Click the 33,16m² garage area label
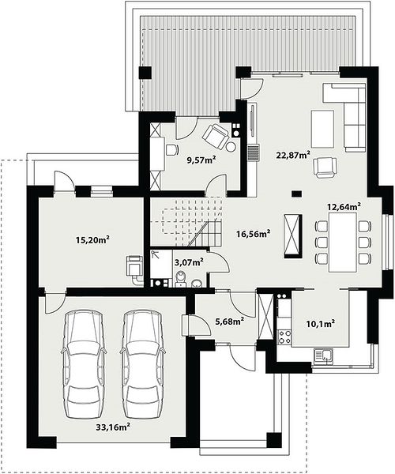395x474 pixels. pyautogui.click(x=113, y=427)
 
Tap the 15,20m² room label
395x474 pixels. pyautogui.click(x=92, y=240)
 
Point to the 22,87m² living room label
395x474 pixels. pyautogui.click(x=293, y=155)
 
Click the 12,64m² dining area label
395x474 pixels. pyautogui.click(x=344, y=207)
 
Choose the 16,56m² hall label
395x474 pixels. pyautogui.click(x=253, y=233)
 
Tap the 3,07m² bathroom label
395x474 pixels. pyautogui.click(x=189, y=262)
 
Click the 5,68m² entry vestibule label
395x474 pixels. pyautogui.click(x=229, y=322)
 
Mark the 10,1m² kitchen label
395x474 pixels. pyautogui.click(x=321, y=325)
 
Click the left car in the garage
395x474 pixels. pyautogui.click(x=84, y=364)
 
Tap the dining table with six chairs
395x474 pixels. pyautogui.click(x=343, y=243)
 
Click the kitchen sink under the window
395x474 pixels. pyautogui.click(x=323, y=355)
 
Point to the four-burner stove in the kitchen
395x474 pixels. pyautogui.click(x=284, y=337)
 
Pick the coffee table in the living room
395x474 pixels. pyautogui.click(x=323, y=129)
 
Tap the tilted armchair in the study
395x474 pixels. pyautogui.click(x=215, y=136)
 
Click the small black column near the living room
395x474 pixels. pyautogui.click(x=296, y=194)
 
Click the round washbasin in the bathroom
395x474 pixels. pyautogui.click(x=197, y=283)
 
